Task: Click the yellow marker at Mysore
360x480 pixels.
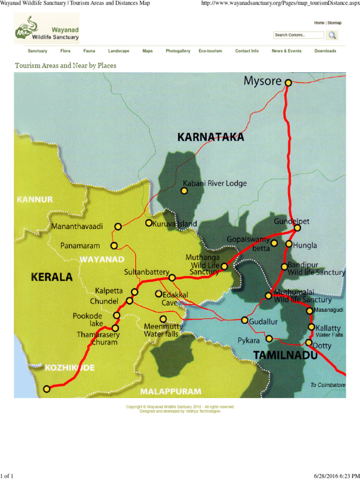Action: click(x=288, y=82)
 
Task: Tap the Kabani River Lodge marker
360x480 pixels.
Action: click(x=184, y=191)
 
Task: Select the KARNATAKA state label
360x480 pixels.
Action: click(x=210, y=137)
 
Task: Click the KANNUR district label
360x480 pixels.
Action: click(x=35, y=200)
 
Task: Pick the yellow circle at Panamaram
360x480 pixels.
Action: click(x=114, y=246)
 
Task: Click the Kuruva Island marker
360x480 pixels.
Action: click(x=149, y=223)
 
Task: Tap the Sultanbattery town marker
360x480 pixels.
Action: click(x=172, y=277)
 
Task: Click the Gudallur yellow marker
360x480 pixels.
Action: click(x=245, y=320)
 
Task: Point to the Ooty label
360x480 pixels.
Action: click(x=322, y=346)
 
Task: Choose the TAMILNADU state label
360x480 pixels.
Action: click(x=285, y=356)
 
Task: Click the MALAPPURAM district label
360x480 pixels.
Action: click(x=171, y=391)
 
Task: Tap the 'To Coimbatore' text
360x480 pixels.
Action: click(x=328, y=385)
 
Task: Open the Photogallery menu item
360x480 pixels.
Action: click(x=178, y=51)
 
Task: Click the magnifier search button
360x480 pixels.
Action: click(x=332, y=35)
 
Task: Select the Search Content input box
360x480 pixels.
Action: click(x=299, y=35)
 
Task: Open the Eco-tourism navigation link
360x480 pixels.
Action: click(x=210, y=51)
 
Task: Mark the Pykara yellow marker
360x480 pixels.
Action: click(x=269, y=338)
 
